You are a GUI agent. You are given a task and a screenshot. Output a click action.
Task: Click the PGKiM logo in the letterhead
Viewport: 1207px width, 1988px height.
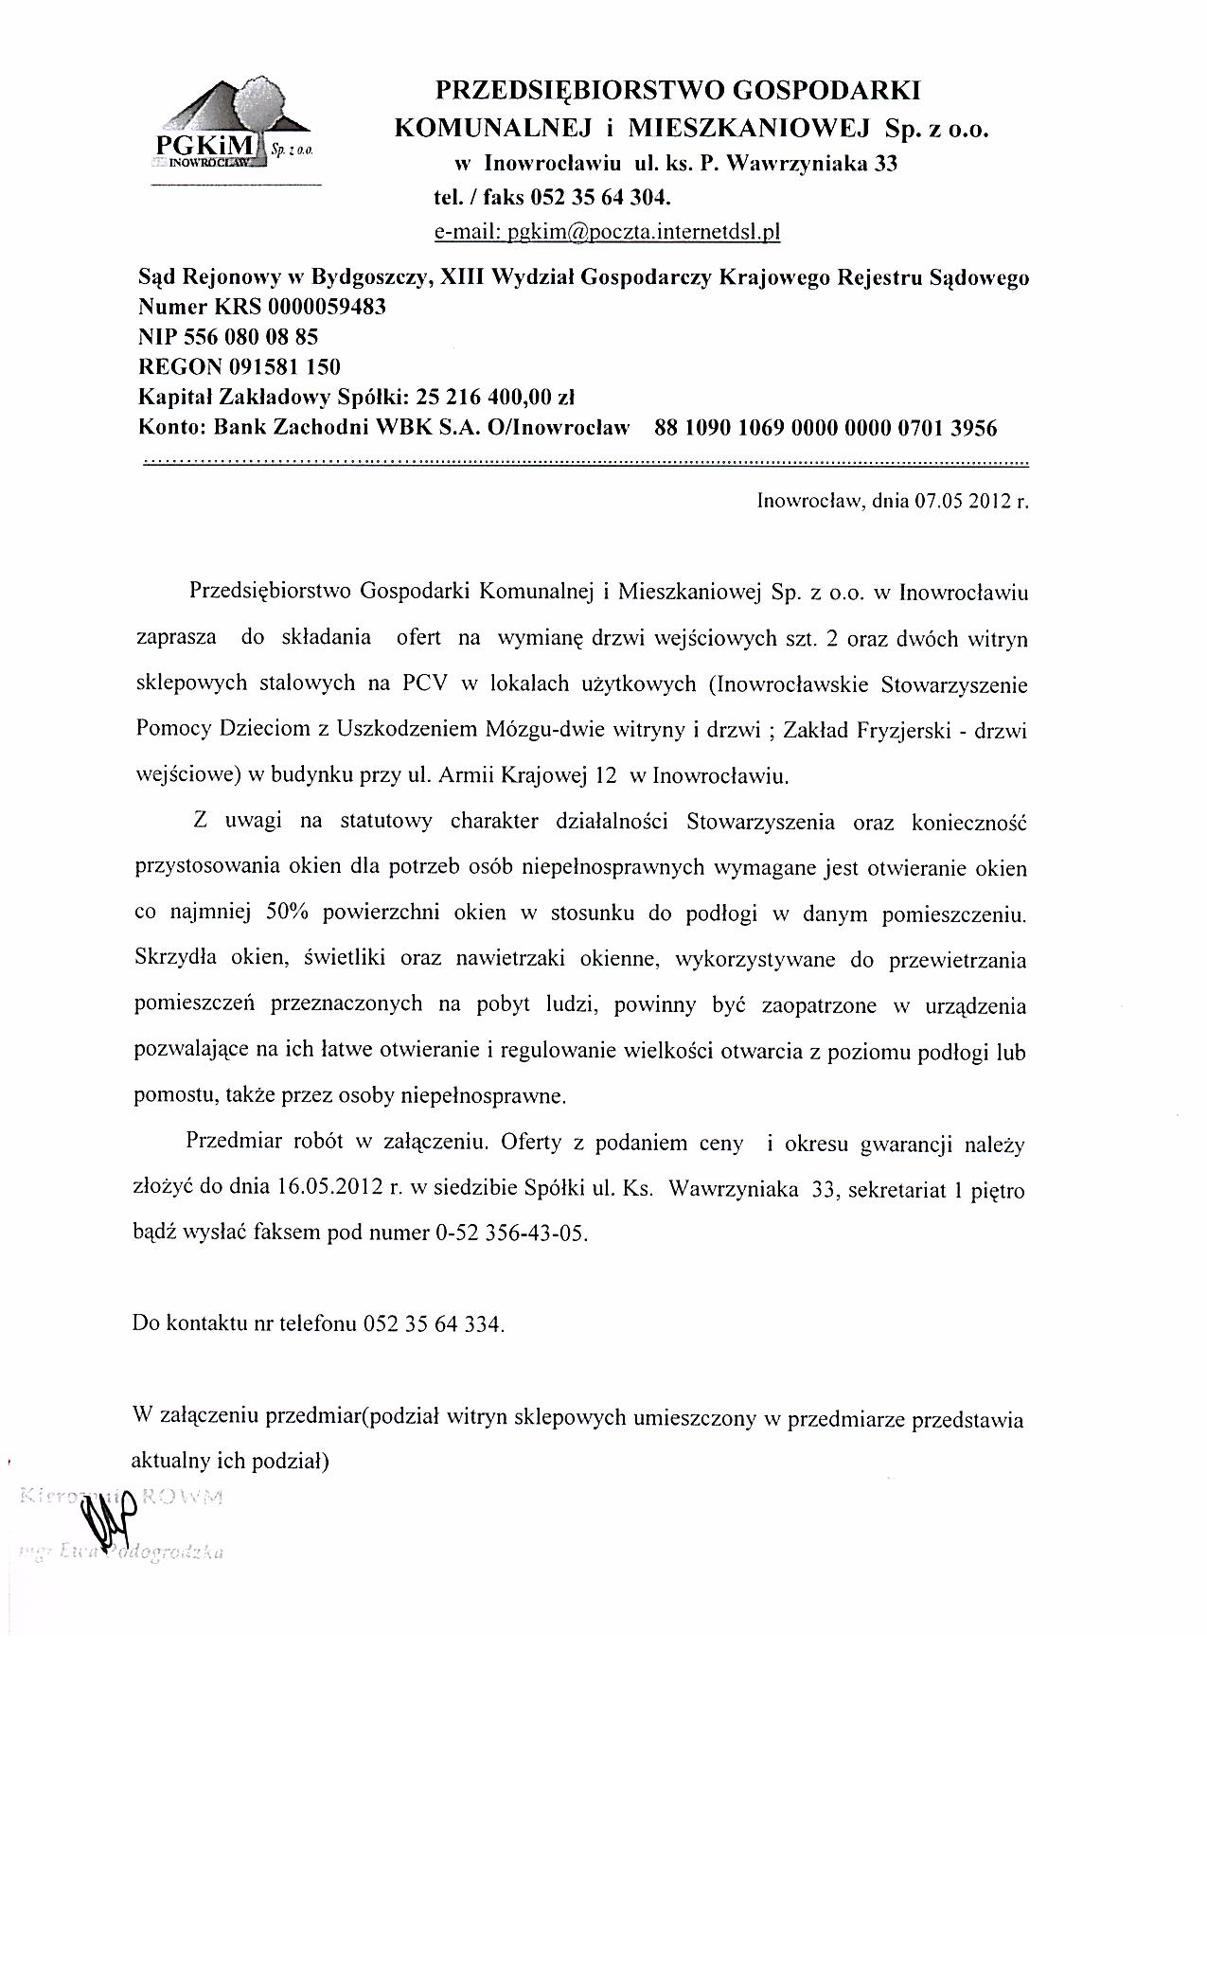(234, 128)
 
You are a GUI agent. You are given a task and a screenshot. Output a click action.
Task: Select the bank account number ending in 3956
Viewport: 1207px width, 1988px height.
(825, 428)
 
